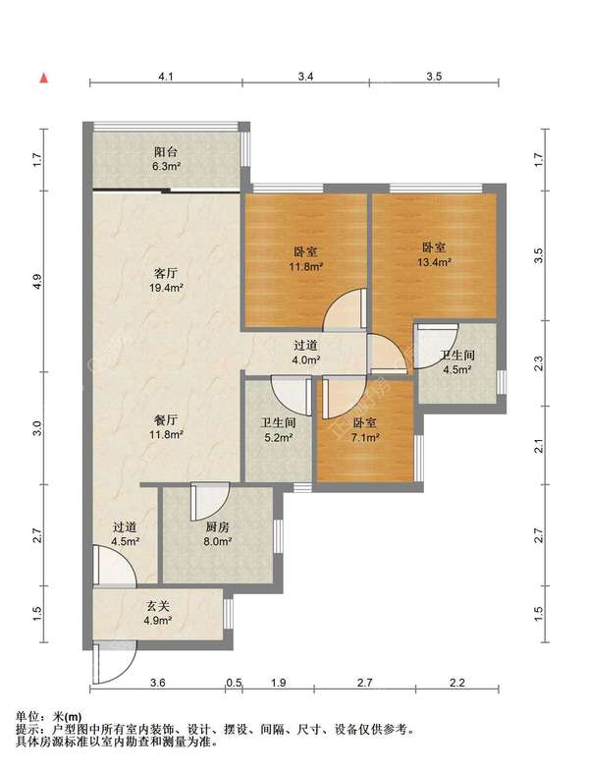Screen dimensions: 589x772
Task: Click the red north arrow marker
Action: [x=44, y=78]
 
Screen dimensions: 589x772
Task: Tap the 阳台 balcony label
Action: [x=166, y=152]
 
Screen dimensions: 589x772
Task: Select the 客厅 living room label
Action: [x=166, y=273]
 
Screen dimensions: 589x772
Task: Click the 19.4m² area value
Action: [x=166, y=288]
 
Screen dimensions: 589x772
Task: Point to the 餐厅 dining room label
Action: [x=166, y=420]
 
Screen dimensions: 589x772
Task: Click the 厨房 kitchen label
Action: [x=218, y=527]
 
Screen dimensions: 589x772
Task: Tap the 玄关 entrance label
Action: [x=157, y=606]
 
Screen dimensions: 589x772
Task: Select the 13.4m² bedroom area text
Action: [x=435, y=262]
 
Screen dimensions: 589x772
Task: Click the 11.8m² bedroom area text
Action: [x=305, y=267]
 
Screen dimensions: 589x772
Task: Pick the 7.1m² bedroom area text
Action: [x=364, y=437]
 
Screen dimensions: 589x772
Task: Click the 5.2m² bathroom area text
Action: [x=279, y=437]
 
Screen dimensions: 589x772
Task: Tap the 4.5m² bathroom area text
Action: [x=457, y=369]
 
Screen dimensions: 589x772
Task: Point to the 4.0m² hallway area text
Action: [x=306, y=359]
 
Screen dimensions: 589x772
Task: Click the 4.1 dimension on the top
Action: [x=166, y=77]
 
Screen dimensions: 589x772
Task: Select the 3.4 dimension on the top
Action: [x=305, y=77]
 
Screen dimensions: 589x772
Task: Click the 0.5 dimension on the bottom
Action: [x=235, y=683]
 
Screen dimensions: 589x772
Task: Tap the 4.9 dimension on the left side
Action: [x=38, y=281]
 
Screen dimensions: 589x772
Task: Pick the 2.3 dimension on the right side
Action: [x=539, y=363]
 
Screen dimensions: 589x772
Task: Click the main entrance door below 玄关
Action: [x=113, y=662]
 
